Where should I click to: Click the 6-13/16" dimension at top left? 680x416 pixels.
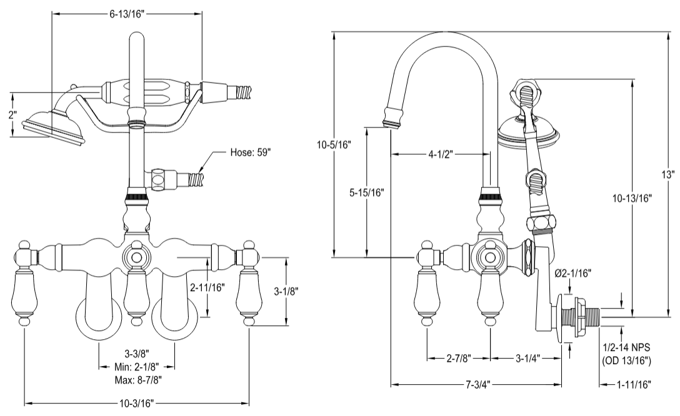tap(126, 13)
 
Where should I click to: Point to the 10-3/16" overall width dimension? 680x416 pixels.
tap(137, 404)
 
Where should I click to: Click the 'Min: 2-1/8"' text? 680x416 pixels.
tap(136, 367)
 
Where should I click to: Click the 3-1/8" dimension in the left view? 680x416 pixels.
tap(287, 290)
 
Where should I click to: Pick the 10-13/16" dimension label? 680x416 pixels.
tap(632, 198)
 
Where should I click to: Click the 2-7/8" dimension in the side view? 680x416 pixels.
tap(459, 358)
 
